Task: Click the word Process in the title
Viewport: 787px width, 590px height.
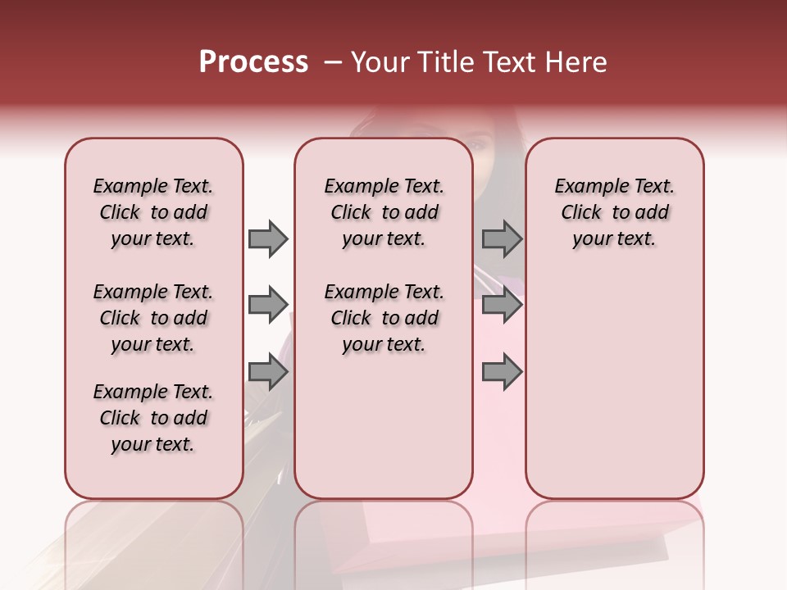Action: coord(253,62)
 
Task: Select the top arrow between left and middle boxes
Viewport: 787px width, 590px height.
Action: coord(268,238)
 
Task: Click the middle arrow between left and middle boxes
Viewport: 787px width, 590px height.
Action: coord(268,305)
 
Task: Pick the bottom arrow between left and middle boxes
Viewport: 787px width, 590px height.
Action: coord(268,372)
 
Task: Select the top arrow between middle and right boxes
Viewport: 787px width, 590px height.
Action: coord(502,238)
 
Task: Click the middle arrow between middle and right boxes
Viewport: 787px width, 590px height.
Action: coord(502,305)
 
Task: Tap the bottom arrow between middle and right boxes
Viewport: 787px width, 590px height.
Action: coord(502,372)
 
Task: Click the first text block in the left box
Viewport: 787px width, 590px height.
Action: coord(153,212)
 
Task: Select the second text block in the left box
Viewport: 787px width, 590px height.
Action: coord(153,318)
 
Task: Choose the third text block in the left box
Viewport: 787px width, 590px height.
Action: coord(153,418)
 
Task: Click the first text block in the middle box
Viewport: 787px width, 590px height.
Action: coord(384,212)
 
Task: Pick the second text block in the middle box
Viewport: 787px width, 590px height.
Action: coord(384,318)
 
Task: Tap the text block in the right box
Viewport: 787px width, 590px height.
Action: coord(615,212)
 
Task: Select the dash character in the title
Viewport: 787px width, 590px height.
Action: coord(332,63)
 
